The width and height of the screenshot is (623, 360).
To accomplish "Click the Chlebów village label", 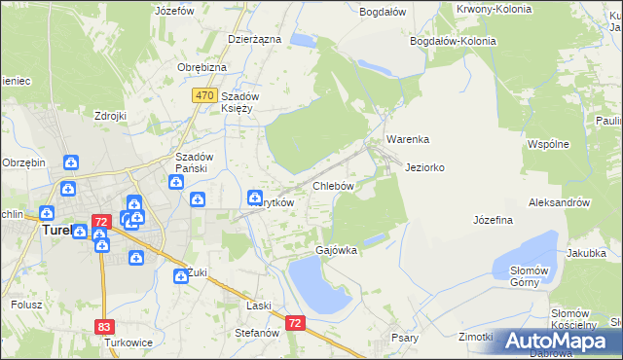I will coord(332,185).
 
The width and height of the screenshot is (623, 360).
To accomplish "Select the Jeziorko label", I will coord(425,167).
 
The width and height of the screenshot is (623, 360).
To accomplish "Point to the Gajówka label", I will coord(336,250).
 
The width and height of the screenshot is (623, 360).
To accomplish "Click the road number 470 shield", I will coord(203,95).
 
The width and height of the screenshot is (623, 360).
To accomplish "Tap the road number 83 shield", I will coord(104,328).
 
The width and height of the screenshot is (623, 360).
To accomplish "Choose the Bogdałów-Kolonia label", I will coord(454,42).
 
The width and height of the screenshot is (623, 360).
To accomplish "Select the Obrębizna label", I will coord(202,67).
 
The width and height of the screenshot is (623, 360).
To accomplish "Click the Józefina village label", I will coord(493,220).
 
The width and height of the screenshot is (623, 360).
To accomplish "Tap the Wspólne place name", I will coord(547,144).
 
